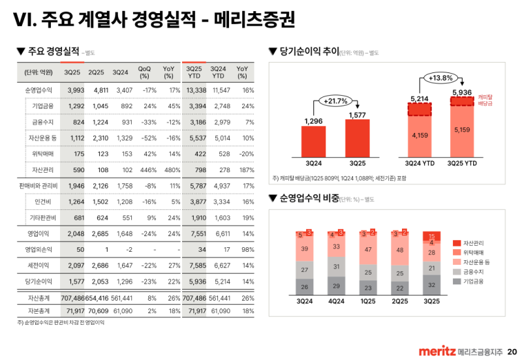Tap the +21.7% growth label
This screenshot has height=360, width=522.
335,101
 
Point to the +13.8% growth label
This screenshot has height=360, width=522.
440,78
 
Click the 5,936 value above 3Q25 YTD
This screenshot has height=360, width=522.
461,93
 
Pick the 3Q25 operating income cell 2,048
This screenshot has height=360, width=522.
76,232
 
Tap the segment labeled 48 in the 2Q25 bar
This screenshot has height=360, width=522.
399,250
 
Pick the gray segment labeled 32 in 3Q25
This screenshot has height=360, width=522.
431,285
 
